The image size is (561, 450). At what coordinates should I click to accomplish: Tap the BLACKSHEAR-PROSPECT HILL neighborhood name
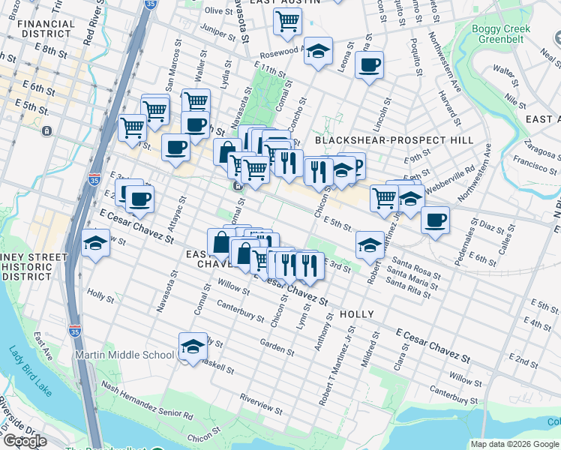point(394,140)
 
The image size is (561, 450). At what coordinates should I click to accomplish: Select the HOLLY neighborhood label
point(356,314)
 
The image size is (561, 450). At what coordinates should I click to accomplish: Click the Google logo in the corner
point(25,441)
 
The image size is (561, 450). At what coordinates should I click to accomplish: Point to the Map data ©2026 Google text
point(514,444)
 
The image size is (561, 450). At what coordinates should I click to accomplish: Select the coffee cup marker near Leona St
point(369,66)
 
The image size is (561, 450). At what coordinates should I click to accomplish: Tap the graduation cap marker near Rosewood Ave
point(319,52)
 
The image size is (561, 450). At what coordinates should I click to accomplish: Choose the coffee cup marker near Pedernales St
point(435,220)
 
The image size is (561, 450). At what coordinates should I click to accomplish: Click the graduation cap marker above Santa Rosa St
point(370,244)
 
